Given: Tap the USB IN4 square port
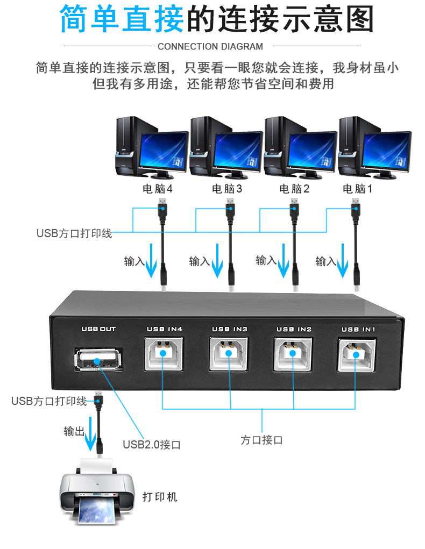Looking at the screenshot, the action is (163, 354).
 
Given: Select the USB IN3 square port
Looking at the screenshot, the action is (229, 354).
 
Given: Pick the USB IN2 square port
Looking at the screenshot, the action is (293, 354).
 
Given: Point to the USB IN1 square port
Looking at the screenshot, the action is (357, 355).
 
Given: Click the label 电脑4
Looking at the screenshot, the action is (157, 189).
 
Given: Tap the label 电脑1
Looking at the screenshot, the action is (357, 189).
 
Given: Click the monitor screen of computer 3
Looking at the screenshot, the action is (238, 151).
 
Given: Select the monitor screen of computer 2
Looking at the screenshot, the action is (312, 151).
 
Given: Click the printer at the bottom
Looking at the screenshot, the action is (97, 491).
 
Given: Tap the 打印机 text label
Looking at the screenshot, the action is (160, 497).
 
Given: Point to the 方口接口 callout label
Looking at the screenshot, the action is (261, 440).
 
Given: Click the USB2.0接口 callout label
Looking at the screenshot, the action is (151, 445).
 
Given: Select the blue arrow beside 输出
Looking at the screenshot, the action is (91, 434).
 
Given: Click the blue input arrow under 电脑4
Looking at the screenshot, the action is (151, 261).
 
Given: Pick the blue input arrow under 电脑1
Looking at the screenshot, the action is (342, 261).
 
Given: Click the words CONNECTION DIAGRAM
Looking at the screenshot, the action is (210, 47).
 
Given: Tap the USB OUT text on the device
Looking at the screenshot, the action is (98, 329).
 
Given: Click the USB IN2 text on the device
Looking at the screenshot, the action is (294, 330).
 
